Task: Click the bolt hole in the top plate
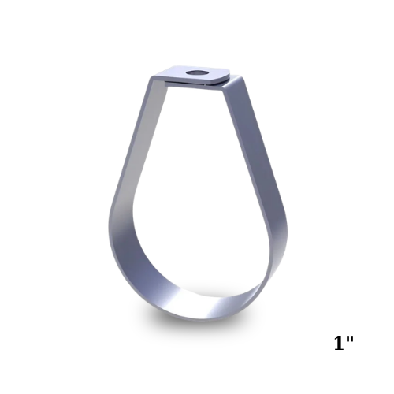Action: click(196, 72)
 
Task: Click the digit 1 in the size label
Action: click(339, 343)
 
